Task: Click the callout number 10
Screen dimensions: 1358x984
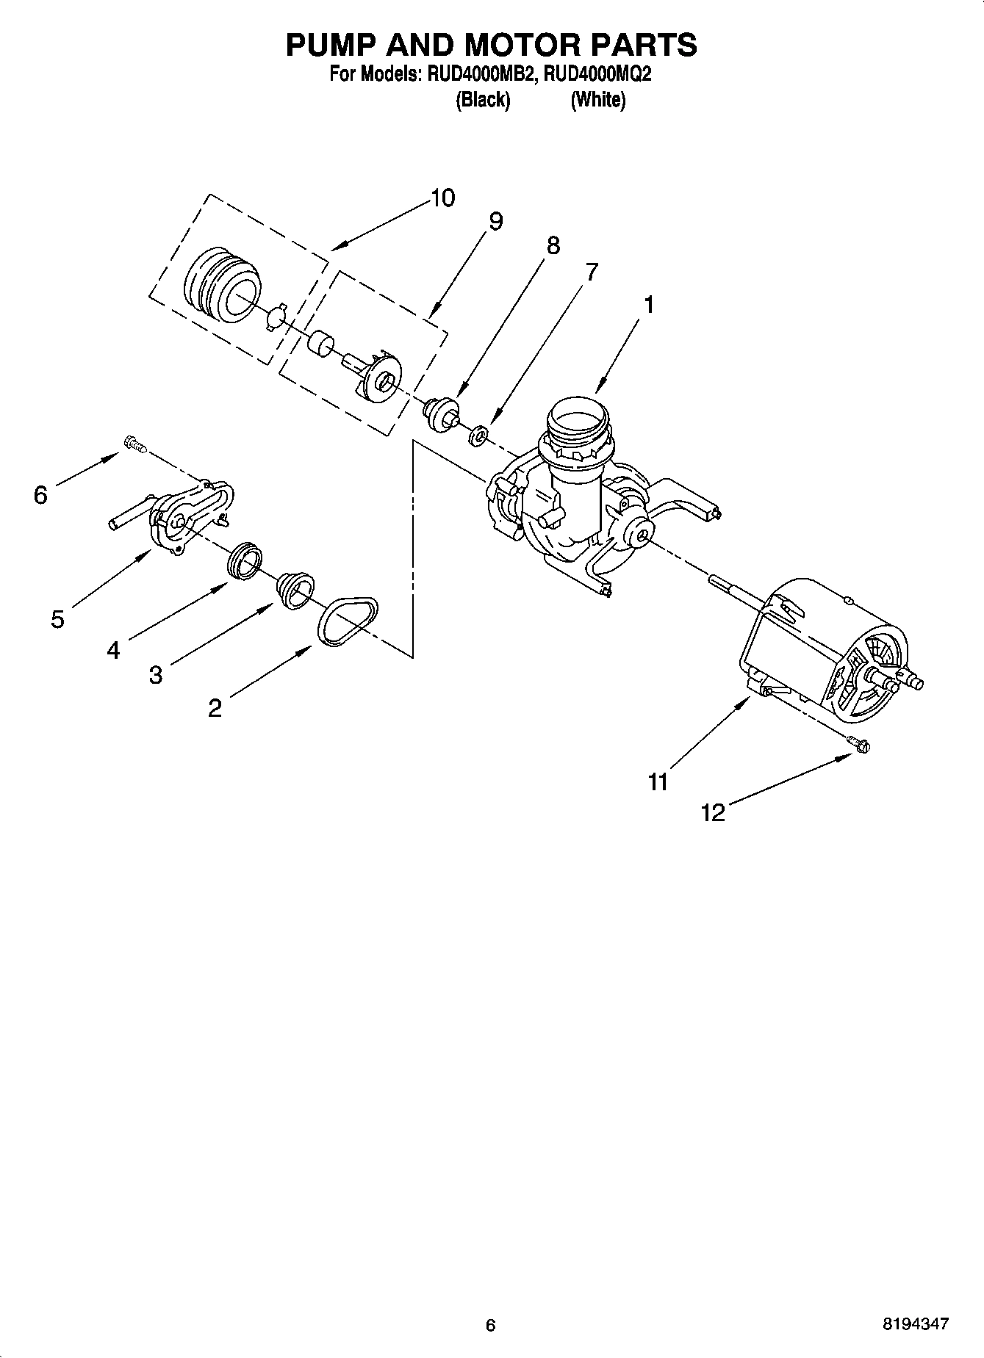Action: pos(442,198)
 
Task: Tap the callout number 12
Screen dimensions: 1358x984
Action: pos(713,812)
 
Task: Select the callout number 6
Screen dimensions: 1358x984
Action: pos(40,496)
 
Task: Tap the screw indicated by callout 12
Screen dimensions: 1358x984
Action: pos(858,744)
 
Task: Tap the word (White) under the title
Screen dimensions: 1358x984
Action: pos(597,100)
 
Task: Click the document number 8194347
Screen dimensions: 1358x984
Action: pos(915,1324)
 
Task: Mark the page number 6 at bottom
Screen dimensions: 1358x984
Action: pos(491,1325)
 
